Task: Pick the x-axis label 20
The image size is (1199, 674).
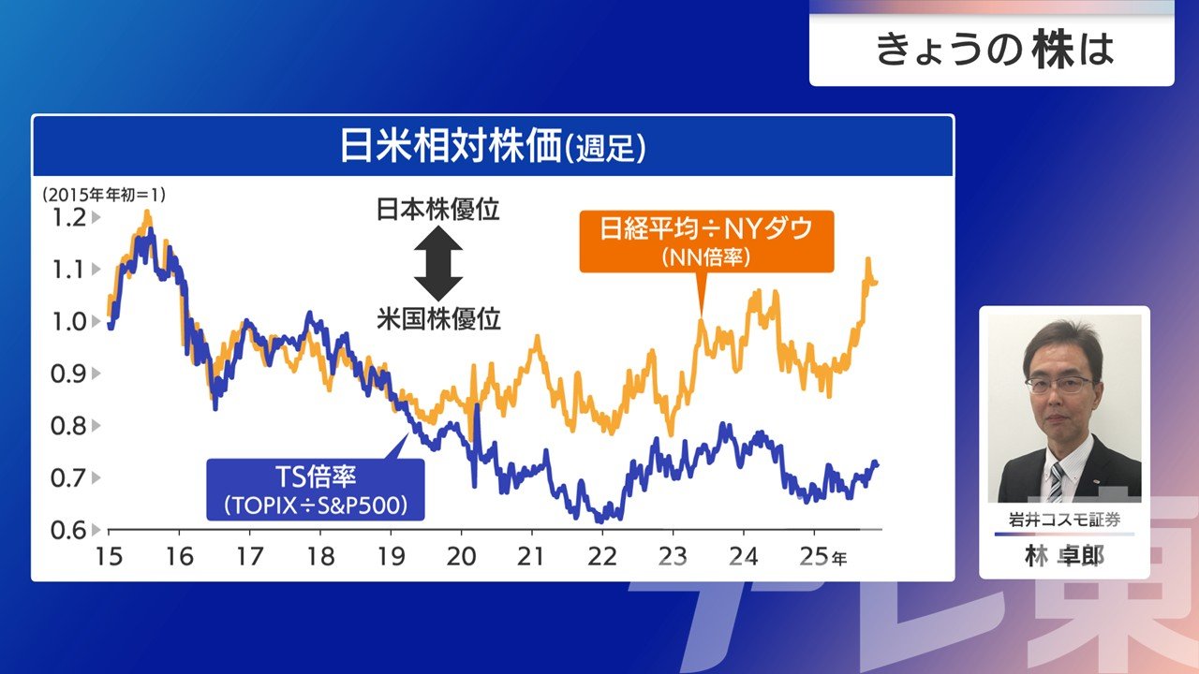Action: [461, 556]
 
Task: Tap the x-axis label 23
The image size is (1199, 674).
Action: [673, 556]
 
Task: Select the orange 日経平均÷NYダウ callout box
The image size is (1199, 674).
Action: [706, 241]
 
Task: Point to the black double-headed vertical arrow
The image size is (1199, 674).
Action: [438, 263]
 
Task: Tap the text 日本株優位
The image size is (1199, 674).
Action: [438, 209]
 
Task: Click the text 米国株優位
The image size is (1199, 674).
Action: [438, 319]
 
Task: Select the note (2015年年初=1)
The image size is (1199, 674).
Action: [102, 195]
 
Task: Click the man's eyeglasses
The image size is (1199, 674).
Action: [1058, 384]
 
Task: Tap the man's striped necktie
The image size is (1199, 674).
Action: [1056, 481]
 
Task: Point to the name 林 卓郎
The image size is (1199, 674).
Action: [1064, 556]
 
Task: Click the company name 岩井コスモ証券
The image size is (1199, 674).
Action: [1064, 520]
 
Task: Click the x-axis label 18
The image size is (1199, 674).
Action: [320, 556]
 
